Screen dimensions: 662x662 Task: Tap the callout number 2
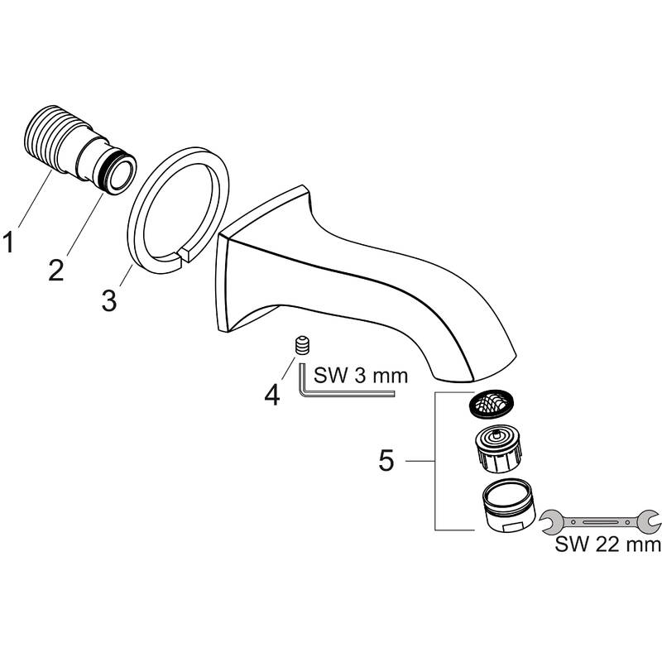coord(55,270)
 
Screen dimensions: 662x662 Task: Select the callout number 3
coord(109,298)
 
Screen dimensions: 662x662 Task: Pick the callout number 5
coord(386,461)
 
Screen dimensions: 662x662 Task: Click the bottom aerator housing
coord(507,506)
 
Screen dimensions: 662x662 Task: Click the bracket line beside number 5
coord(436,461)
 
